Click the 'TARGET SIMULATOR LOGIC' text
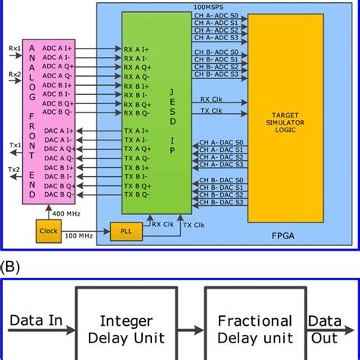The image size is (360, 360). [x=285, y=126]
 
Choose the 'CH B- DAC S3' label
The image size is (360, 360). [x=220, y=202]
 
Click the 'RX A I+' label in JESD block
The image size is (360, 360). [x=140, y=50]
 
